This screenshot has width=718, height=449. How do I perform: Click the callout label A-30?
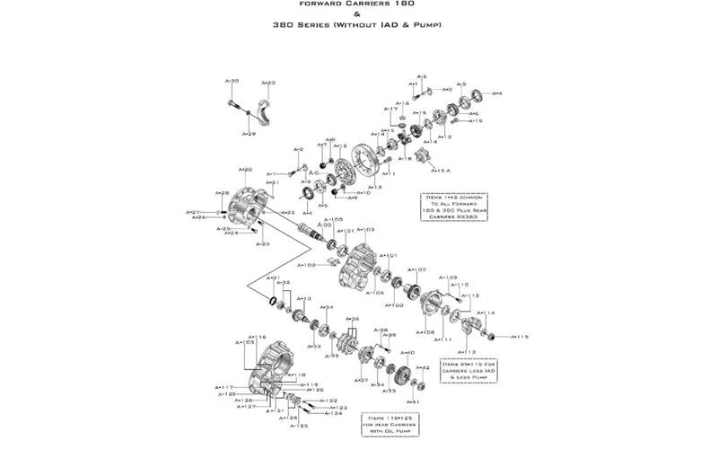[232, 81]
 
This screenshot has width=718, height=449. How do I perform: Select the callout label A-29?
[249, 134]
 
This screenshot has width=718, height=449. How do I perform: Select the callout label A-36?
[353, 319]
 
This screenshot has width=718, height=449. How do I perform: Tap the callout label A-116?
[258, 337]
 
